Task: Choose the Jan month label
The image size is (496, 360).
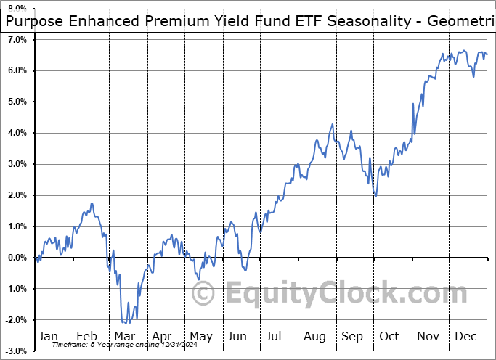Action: pyautogui.click(x=48, y=336)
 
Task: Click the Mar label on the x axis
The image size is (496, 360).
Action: pyautogui.click(x=124, y=336)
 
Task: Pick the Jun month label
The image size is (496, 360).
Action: pyautogui.click(x=237, y=336)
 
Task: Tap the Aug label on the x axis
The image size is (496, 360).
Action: pyautogui.click(x=314, y=336)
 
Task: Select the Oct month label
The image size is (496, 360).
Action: pyautogui.click(x=390, y=336)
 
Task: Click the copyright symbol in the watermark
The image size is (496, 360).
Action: pyautogui.click(x=204, y=295)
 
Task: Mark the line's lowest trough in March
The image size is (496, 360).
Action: pyautogui.click(x=124, y=323)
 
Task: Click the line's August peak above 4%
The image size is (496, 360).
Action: pyautogui.click(x=332, y=124)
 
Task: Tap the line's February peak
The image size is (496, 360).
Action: pyautogui.click(x=92, y=203)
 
